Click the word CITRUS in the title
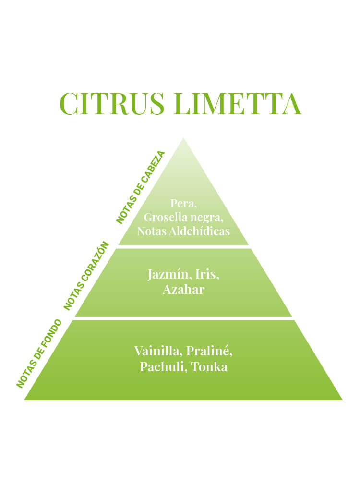[112, 103]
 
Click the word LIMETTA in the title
[238, 103]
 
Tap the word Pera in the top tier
[183, 204]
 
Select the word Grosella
[166, 218]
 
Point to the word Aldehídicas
[199, 231]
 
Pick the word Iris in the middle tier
[207, 274]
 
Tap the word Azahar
[183, 290]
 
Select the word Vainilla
[158, 351]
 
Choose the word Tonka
[209, 367]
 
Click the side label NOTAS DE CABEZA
[140, 187]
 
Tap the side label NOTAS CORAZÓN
[86, 276]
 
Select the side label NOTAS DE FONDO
[39, 353]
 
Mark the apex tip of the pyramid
[183, 138]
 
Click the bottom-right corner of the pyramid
[342, 400]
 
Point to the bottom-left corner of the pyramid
[24, 400]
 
